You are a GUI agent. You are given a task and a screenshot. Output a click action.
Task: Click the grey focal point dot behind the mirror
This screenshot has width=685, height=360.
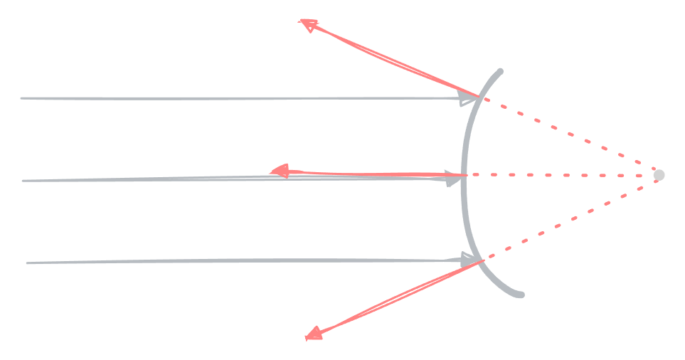pyautogui.click(x=659, y=174)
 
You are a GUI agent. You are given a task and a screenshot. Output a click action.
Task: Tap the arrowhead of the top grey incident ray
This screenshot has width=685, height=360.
pyautogui.click(x=469, y=99)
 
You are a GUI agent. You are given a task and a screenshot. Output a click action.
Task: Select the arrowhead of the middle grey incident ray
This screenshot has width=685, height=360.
pyautogui.click(x=453, y=179)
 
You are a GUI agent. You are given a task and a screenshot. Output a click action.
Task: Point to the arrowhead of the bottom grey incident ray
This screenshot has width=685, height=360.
pyautogui.click(x=469, y=260)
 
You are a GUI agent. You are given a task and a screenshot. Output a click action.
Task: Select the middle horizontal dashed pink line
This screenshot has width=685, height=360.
pyautogui.click(x=562, y=174)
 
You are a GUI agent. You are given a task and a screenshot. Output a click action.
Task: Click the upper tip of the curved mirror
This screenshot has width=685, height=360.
pyautogui.click(x=501, y=70)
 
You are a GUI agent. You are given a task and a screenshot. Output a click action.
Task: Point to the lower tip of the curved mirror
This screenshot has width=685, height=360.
pyautogui.click(x=521, y=295)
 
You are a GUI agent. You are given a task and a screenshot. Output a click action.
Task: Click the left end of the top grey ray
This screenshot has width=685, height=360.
pyautogui.click(x=21, y=98)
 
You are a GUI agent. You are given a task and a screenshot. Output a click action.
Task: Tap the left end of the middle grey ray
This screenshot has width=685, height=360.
pyautogui.click(x=23, y=181)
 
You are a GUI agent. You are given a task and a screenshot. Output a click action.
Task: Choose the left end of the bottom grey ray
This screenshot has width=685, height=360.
pyautogui.click(x=27, y=263)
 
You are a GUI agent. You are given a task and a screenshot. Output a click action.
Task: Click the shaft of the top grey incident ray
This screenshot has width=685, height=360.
pyautogui.click(x=242, y=98)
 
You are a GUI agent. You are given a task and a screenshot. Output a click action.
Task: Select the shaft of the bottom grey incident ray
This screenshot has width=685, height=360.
pyautogui.click(x=242, y=261)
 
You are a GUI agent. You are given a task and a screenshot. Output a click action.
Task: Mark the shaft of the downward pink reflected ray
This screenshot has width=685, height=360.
pyautogui.click(x=398, y=297)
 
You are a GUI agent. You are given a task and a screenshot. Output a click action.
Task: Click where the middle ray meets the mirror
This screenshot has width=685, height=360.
pyautogui.click(x=464, y=175)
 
